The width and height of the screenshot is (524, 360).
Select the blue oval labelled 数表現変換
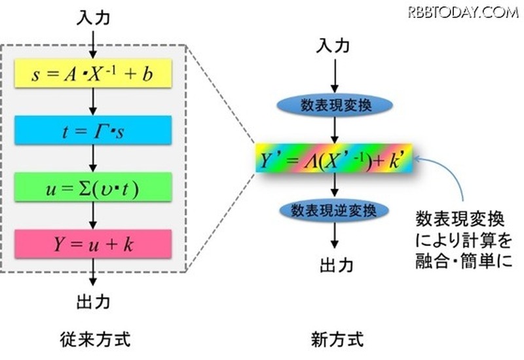[336, 105]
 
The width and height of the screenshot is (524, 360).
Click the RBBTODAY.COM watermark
[463, 11]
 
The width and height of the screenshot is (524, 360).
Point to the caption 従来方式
[93, 340]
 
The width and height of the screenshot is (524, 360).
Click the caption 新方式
[335, 340]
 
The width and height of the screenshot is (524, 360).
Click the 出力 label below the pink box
[94, 301]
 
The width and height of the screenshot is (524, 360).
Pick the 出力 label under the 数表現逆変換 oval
[336, 264]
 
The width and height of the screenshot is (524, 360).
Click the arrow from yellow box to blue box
[94, 101]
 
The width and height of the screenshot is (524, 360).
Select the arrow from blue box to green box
[94, 159]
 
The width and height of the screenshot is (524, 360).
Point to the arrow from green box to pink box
[94, 216]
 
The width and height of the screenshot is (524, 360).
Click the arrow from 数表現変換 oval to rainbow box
[336, 130]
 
